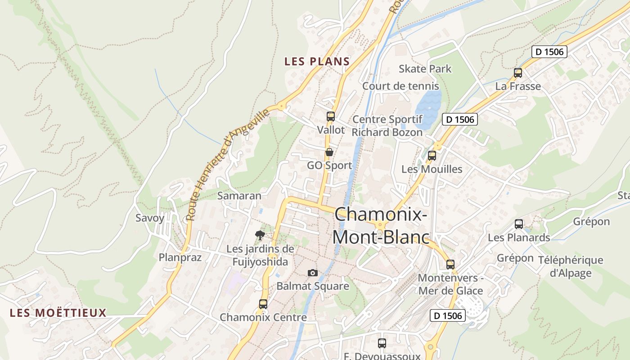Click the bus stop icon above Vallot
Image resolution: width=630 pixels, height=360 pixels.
click(331, 117)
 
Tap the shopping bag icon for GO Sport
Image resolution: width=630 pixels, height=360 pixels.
click(329, 152)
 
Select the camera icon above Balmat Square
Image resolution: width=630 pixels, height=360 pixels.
click(313, 273)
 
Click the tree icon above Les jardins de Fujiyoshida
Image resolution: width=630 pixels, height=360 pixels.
click(260, 234)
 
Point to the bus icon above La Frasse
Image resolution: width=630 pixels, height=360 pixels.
click(518, 72)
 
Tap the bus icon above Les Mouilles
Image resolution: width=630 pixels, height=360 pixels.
click(432, 156)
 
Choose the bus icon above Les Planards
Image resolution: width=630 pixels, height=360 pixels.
click(519, 224)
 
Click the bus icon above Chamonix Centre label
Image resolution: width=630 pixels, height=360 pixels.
click(263, 304)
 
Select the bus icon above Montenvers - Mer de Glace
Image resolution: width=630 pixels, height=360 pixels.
click(450, 264)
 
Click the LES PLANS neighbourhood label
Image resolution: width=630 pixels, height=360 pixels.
click(317, 62)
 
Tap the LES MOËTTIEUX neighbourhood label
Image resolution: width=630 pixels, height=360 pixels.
click(58, 313)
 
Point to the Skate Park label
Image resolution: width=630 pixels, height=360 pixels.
click(425, 69)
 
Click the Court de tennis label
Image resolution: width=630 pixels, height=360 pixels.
click(400, 86)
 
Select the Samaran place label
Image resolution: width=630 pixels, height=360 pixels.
click(239, 196)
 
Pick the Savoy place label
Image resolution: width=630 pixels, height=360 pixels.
click(150, 218)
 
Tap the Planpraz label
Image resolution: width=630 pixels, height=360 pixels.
click(180, 257)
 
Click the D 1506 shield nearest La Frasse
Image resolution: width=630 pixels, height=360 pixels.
click(549, 52)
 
